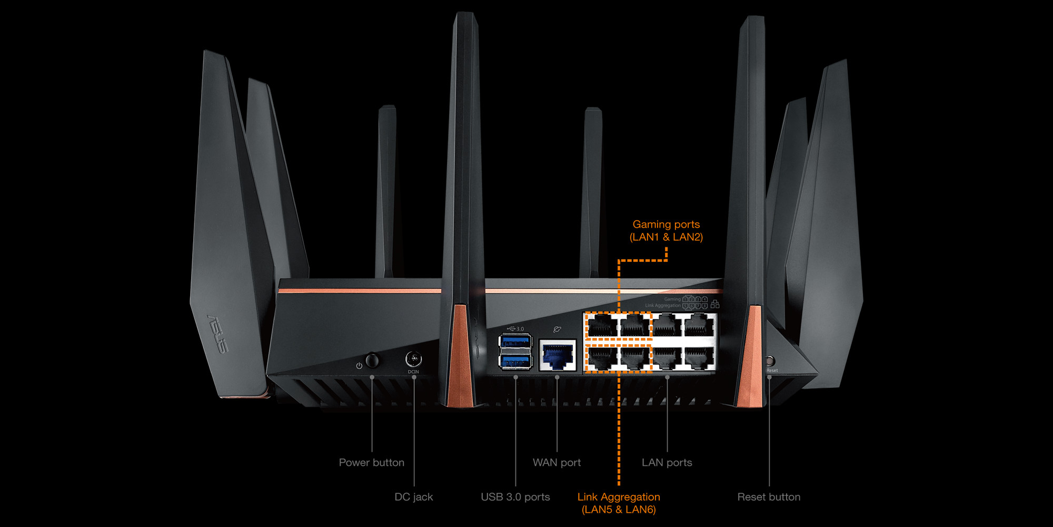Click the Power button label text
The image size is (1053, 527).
tap(372, 463)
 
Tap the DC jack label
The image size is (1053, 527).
tap(414, 497)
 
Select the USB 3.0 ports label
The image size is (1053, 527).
tap(515, 497)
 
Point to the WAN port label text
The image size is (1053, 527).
tap(557, 463)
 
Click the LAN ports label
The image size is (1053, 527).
tap(667, 463)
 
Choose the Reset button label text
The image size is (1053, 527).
tap(769, 497)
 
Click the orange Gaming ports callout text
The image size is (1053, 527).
tap(666, 231)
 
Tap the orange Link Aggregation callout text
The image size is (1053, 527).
tap(619, 503)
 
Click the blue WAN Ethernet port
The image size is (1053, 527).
tap(558, 356)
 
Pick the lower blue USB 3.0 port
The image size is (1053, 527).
tap(515, 362)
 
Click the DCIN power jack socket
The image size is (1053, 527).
tap(413, 359)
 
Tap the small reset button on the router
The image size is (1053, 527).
tap(769, 362)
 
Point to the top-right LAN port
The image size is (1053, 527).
tap(699, 325)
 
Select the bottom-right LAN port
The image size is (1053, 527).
tap(699, 358)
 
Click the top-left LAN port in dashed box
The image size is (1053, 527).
tap(602, 325)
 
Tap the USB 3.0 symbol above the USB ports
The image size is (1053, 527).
tap(515, 329)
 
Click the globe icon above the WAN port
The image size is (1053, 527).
tap(557, 329)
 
